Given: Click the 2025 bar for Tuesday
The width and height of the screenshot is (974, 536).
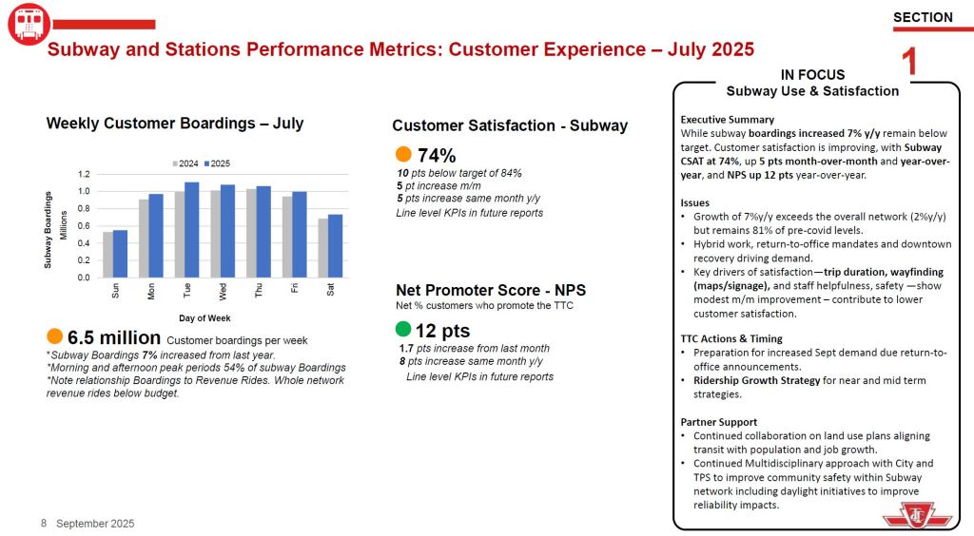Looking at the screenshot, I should point(192,230).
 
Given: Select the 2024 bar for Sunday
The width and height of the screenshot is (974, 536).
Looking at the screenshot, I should point(108,255).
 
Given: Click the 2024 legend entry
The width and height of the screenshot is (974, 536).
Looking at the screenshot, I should point(185,163).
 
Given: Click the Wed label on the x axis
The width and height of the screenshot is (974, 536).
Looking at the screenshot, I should point(223,290).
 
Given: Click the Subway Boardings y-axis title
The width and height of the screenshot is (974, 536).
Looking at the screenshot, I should point(48,228).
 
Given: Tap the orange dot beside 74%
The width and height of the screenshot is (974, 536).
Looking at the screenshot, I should point(403,154).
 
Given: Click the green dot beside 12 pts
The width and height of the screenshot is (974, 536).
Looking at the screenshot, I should point(403,330).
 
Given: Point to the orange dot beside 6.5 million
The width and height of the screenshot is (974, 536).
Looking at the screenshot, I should point(55,336).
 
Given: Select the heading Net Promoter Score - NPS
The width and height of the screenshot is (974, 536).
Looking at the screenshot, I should point(491,290).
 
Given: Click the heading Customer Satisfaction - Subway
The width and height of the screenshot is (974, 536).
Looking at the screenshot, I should point(510,125).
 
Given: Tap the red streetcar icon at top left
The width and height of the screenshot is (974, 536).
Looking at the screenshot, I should point(29,24).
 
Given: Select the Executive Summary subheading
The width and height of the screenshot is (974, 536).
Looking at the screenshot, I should point(728,120).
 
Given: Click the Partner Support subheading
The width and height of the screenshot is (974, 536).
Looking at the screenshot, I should point(719,422).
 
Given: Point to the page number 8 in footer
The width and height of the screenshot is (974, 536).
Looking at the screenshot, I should point(44,524).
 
